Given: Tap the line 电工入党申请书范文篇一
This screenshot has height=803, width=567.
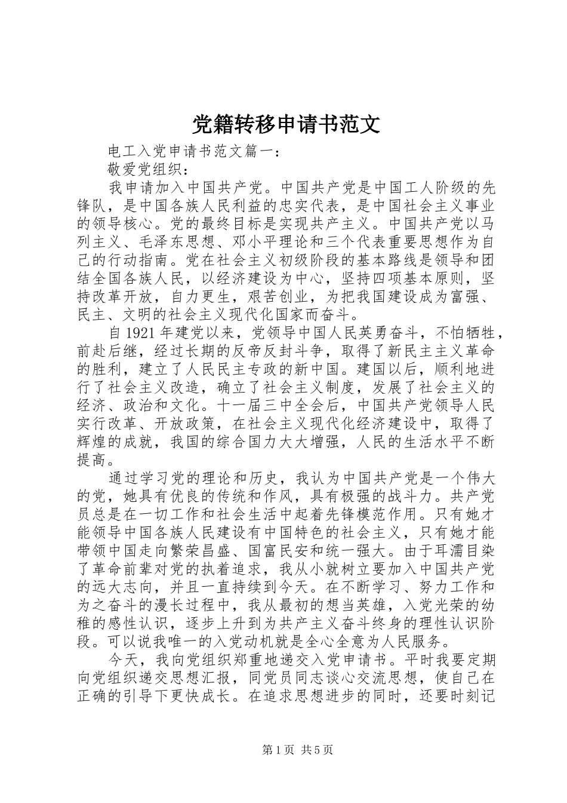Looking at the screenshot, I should [192, 152].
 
